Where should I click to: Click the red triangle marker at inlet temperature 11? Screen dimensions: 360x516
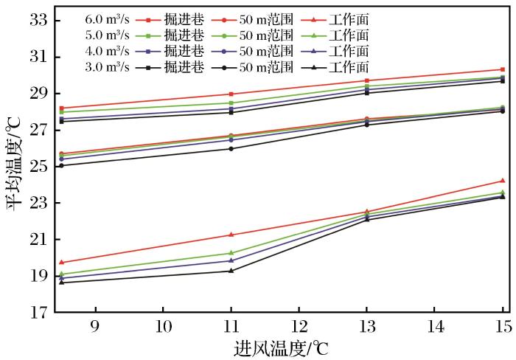pyautogui.click(x=231, y=235)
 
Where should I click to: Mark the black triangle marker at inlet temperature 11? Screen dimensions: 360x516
pyautogui.click(x=231, y=271)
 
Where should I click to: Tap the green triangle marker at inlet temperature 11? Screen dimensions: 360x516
pyautogui.click(x=231, y=253)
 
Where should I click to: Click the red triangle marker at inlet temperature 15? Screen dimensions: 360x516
pyautogui.click(x=503, y=180)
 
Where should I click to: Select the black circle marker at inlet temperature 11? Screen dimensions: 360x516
pyautogui.click(x=231, y=149)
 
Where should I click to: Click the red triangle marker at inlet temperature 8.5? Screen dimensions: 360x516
pyautogui.click(x=61, y=262)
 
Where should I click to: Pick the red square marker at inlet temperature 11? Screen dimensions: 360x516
pyautogui.click(x=231, y=94)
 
